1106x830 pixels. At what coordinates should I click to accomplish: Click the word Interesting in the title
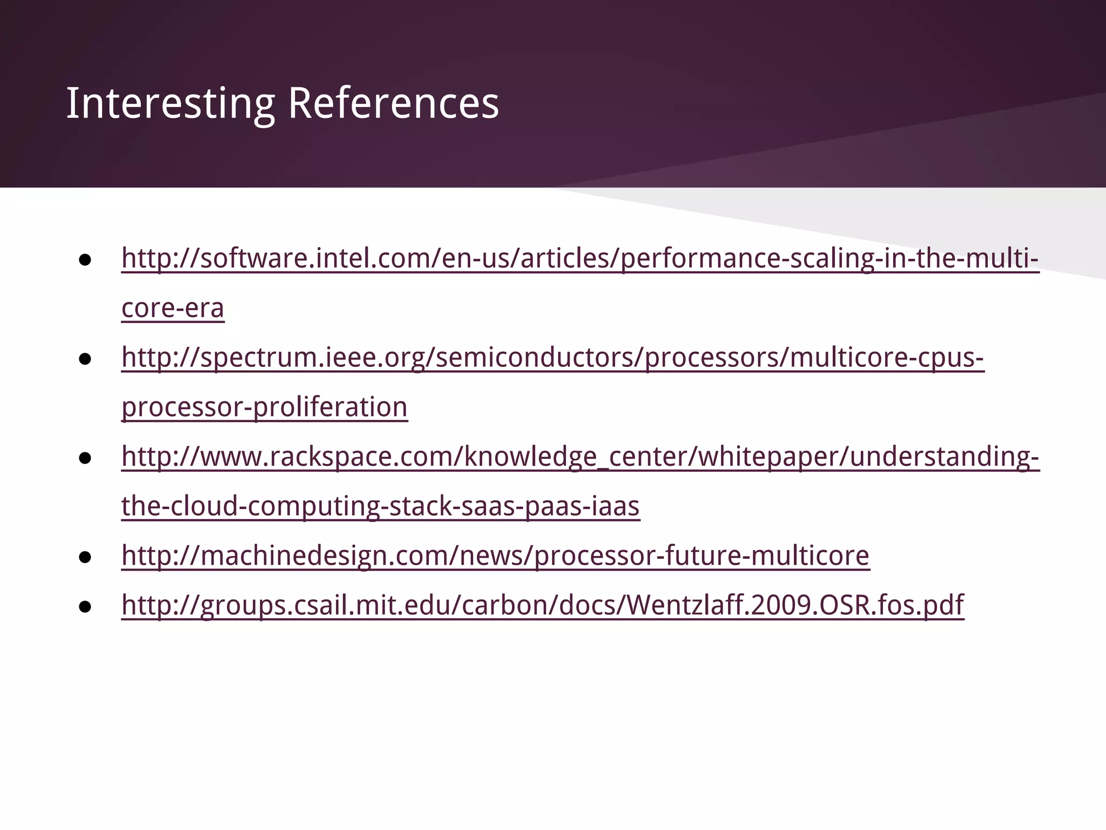[x=170, y=103]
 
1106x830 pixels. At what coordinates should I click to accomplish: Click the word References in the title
[x=393, y=103]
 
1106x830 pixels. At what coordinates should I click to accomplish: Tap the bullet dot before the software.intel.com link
[x=85, y=260]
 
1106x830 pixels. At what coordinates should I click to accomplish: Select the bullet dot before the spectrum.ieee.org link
[x=85, y=359]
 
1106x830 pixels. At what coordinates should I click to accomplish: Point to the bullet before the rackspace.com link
[x=85, y=459]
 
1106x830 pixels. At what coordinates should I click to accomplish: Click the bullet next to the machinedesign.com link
[x=85, y=558]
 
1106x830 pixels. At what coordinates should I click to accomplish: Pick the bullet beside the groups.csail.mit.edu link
[x=85, y=607]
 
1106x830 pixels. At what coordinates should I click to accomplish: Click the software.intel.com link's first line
[x=579, y=258]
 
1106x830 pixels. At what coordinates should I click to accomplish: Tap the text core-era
[x=173, y=308]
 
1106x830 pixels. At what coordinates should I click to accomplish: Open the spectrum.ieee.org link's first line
[x=552, y=357]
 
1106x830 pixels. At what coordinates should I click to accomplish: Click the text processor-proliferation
[x=265, y=407]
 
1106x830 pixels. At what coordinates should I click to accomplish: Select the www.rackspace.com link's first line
[x=580, y=457]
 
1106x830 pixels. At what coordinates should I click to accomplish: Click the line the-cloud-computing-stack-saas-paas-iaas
[x=380, y=506]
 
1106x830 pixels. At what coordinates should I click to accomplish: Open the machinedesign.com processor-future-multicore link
[x=495, y=555]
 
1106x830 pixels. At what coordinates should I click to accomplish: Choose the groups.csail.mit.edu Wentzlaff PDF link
[x=542, y=605]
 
